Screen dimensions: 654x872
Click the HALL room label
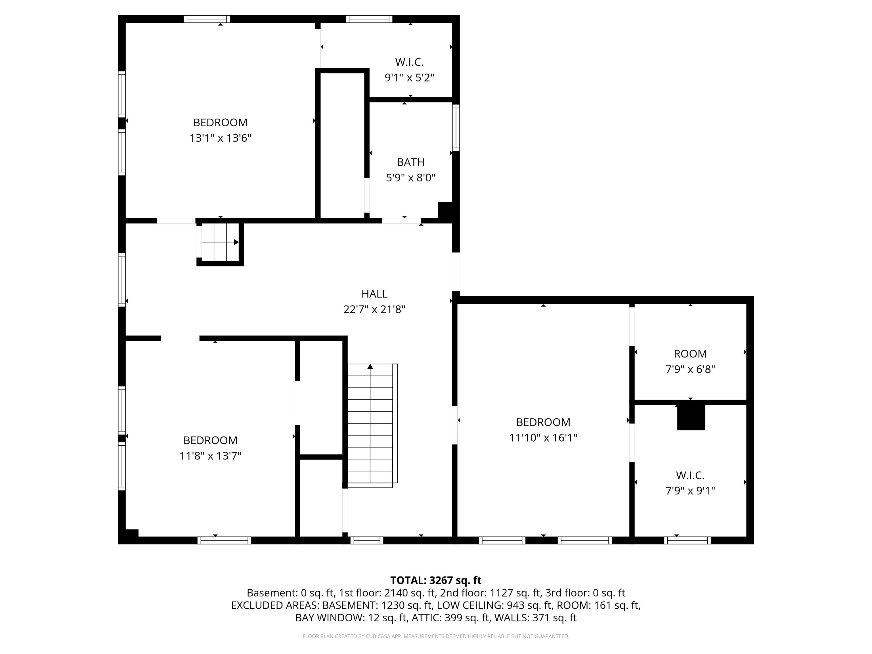374,294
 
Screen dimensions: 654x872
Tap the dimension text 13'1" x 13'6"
220,138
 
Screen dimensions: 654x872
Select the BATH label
410,162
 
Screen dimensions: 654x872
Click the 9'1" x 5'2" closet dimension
409,78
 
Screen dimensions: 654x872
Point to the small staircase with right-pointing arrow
220,242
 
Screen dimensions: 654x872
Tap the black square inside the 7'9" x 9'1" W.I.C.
691,417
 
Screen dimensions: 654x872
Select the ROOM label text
690,354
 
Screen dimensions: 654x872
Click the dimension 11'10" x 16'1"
543,438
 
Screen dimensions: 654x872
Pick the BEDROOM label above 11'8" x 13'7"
210,440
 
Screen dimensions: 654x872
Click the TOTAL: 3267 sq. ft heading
436,580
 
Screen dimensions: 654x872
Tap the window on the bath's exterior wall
456,128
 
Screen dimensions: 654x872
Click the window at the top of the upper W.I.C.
369,19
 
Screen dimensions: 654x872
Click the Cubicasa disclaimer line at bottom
436,636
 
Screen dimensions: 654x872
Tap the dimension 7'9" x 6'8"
690,369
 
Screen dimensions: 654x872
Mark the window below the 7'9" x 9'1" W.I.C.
687,540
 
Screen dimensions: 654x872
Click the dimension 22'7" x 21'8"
374,309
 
